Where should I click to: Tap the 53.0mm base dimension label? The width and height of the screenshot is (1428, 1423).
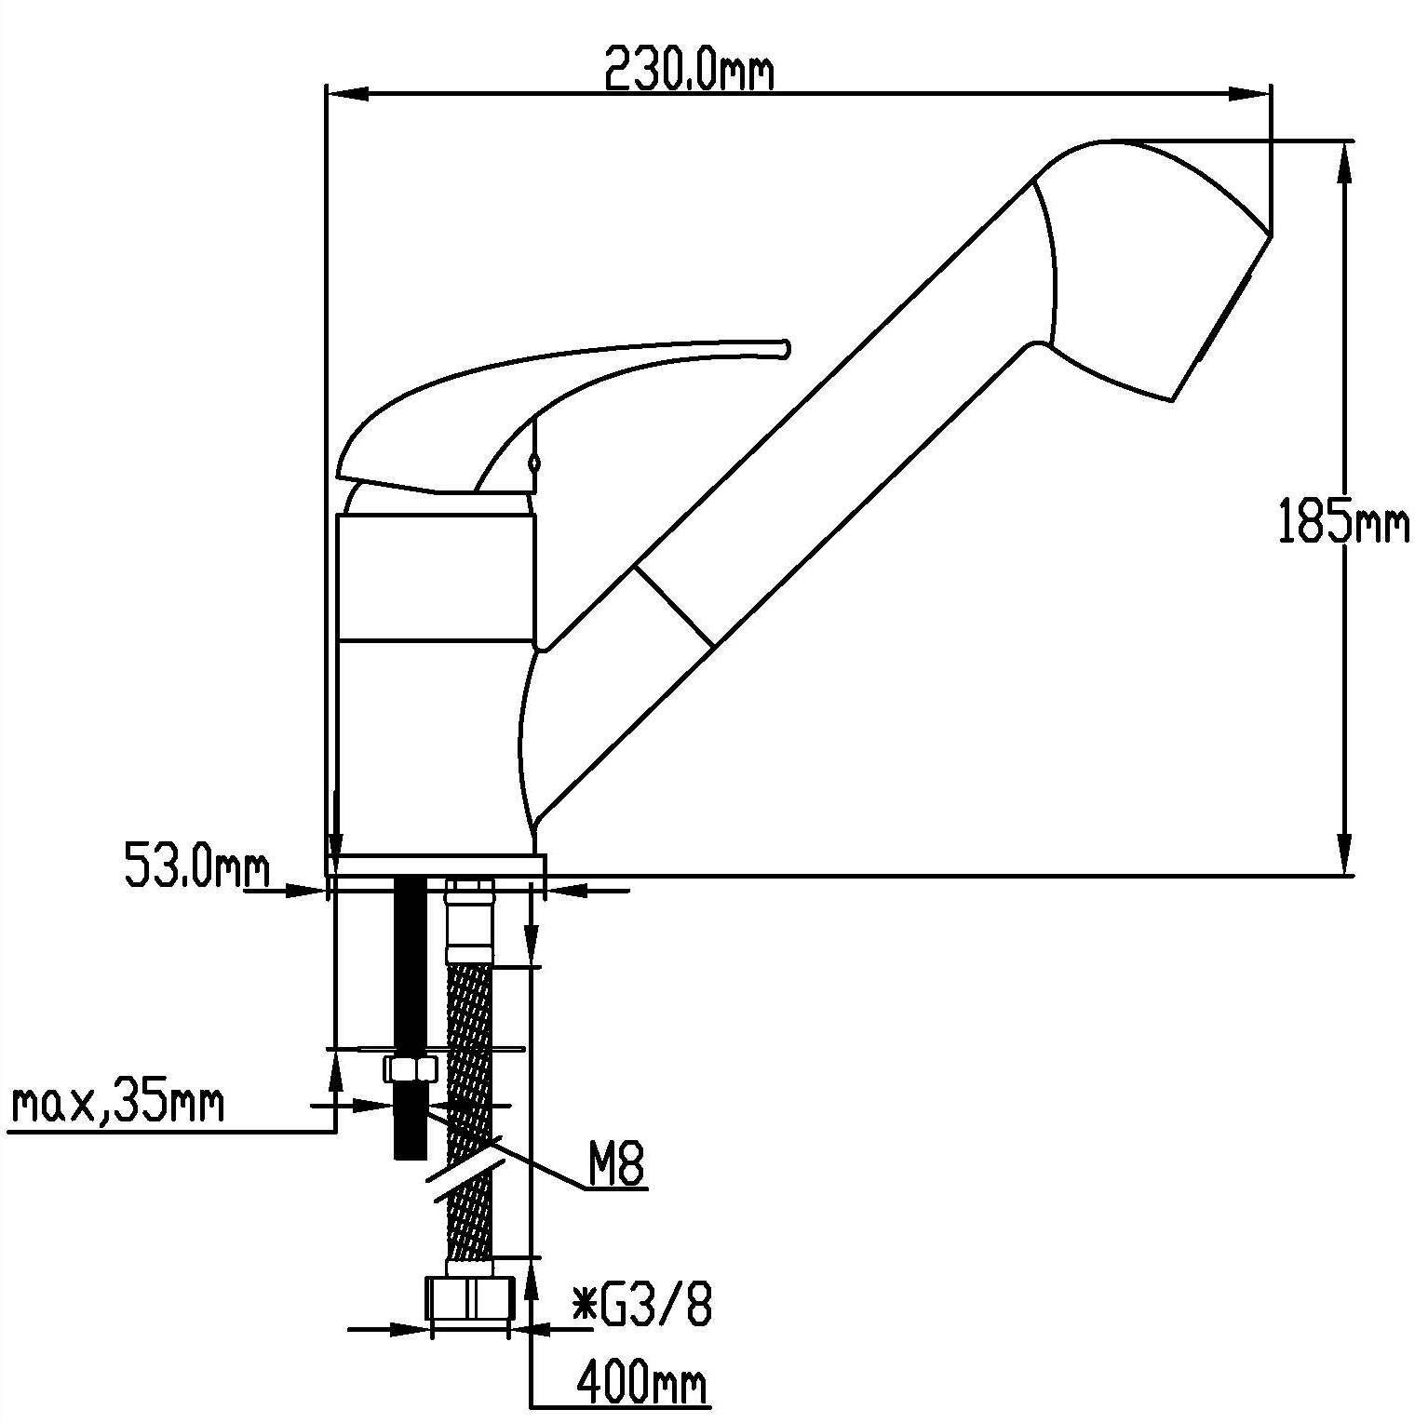point(196,866)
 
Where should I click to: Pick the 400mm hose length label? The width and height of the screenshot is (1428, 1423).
point(641,1383)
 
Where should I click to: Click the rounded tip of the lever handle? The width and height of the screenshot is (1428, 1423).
point(785,347)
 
